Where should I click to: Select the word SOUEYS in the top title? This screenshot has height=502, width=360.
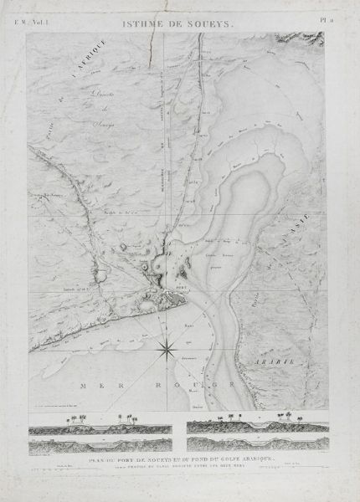[x=208, y=27]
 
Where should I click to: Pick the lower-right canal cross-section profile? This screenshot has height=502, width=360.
[x=260, y=443]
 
